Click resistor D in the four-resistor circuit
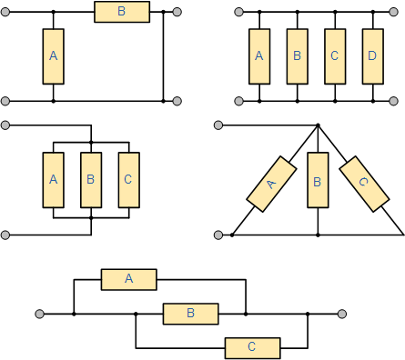[373, 56]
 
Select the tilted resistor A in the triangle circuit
[271, 184]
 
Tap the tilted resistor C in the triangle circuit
[364, 184]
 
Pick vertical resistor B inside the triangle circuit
[318, 180]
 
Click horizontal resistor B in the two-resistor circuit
[122, 12]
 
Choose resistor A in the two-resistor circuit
[54, 56]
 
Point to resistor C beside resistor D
[335, 56]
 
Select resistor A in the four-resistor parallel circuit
[259, 56]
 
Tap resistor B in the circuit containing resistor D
[298, 56]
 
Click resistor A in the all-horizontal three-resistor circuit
[129, 279]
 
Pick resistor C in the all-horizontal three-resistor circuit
[252, 348]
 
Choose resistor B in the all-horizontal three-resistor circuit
[191, 314]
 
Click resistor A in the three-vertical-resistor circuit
[54, 180]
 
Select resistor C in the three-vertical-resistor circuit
[129, 180]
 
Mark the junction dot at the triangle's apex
[318, 125]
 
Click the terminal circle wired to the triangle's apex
[218, 125]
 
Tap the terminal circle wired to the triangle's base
[218, 235]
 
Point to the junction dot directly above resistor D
[373, 12]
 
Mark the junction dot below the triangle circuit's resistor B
[318, 235]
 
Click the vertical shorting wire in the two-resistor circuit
[163, 56]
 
